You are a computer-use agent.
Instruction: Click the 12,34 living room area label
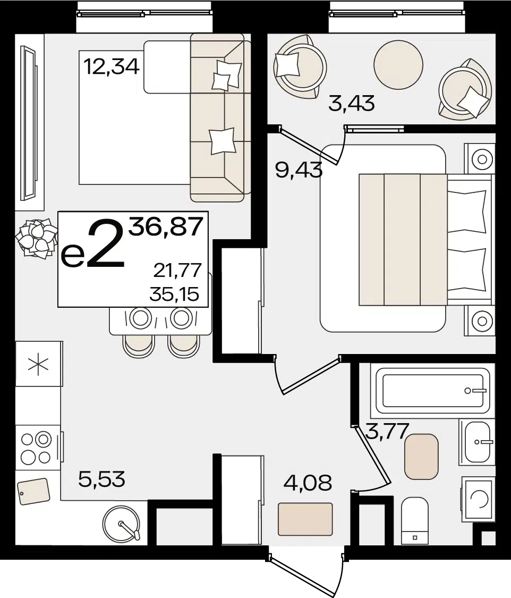[111, 67]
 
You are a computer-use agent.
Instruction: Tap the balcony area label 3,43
[351, 103]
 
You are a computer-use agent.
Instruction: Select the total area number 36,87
[165, 226]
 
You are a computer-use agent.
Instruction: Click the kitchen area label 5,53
[102, 479]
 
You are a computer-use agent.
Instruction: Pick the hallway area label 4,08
[308, 483]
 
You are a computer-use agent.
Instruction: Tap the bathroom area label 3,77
[387, 431]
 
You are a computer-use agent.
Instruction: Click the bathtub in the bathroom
[432, 391]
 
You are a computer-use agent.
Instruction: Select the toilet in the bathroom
[415, 520]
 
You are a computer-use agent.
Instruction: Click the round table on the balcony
[398, 65]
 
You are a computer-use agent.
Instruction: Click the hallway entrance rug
[305, 519]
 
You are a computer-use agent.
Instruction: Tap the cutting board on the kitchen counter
[33, 491]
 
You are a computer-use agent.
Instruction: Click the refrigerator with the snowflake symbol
[38, 364]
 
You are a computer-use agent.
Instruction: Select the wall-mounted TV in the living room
[29, 123]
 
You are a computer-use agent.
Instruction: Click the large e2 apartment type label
[93, 245]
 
